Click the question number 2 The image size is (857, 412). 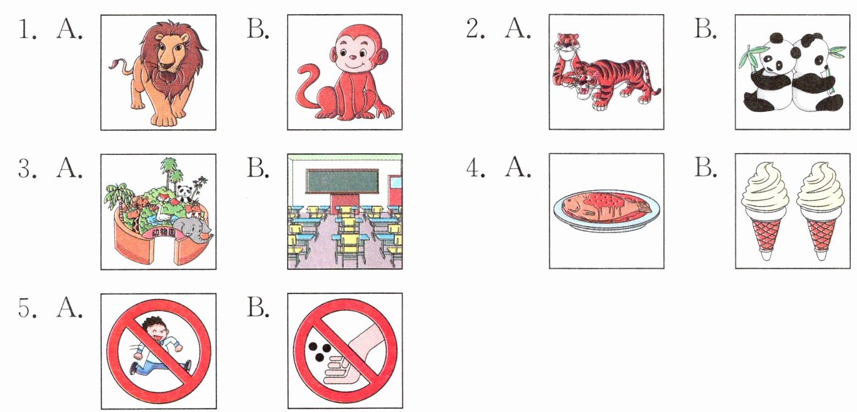475,29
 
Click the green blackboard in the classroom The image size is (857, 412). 342,181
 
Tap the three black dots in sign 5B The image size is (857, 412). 320,351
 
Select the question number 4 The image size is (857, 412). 475,168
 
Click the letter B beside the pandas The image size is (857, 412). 705,29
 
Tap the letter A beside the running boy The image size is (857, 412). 69,308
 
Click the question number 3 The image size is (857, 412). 27,168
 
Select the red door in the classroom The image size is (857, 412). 395,195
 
